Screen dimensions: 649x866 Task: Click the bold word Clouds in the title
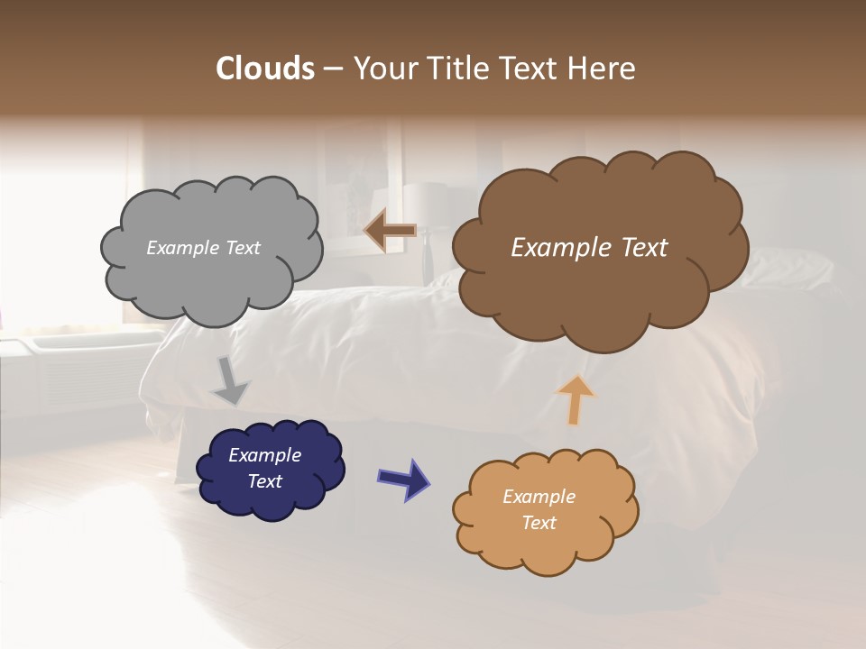click(265, 69)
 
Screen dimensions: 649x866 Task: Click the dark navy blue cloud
click(271, 500)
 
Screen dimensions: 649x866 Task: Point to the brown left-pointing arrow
click(389, 232)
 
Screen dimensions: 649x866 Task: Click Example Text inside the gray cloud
click(203, 248)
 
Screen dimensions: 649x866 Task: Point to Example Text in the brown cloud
click(589, 248)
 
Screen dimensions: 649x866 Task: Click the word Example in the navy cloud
click(264, 455)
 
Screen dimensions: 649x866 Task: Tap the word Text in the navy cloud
click(264, 481)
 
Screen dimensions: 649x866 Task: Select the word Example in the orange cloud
click(539, 497)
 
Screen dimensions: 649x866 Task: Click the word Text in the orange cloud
click(539, 523)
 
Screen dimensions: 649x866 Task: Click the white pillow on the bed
click(794, 269)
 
